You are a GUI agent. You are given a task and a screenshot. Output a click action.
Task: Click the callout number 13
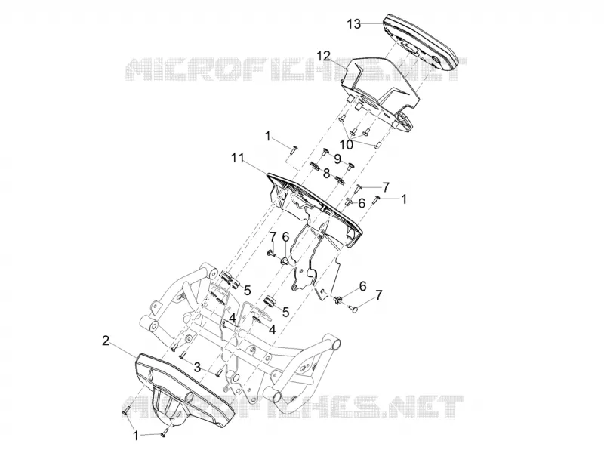pyautogui.click(x=353, y=24)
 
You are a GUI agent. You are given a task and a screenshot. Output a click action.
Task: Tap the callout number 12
pyautogui.click(x=324, y=56)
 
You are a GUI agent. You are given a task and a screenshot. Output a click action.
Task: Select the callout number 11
pyautogui.click(x=238, y=158)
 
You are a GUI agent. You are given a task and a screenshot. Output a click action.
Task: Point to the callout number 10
pyautogui.click(x=347, y=144)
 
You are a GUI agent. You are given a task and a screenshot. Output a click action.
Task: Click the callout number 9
pyautogui.click(x=337, y=159)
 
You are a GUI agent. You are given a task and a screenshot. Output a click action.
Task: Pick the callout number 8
pyautogui.click(x=326, y=174)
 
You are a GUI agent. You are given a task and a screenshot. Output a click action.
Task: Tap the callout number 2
pyautogui.click(x=105, y=341)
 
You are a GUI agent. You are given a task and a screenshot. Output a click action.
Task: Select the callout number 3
pyautogui.click(x=197, y=367)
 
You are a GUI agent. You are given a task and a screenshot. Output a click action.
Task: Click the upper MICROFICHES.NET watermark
pyautogui.click(x=296, y=69)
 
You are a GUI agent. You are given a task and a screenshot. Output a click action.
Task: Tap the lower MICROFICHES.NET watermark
pyautogui.click(x=293, y=407)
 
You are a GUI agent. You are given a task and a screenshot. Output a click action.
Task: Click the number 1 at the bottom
pyautogui.click(x=136, y=436)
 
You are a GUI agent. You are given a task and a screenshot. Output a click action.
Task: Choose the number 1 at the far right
pyautogui.click(x=403, y=199)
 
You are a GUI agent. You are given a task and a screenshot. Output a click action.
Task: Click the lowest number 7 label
pyautogui.click(x=379, y=295)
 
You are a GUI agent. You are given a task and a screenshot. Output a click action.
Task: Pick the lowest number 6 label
pyautogui.click(x=362, y=286)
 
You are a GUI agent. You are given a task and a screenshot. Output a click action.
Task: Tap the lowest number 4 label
pyautogui.click(x=273, y=330)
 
